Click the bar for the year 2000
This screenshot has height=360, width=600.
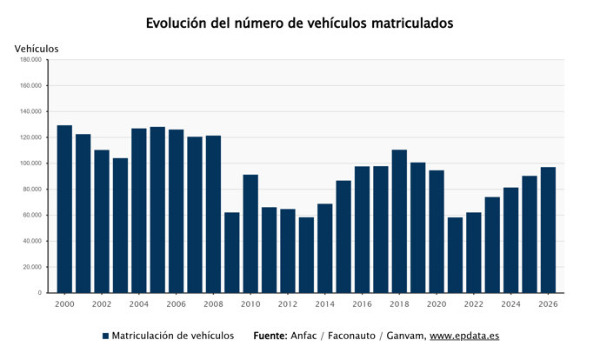(x=64, y=209)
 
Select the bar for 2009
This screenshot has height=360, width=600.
(x=232, y=252)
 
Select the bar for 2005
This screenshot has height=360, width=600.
(x=157, y=210)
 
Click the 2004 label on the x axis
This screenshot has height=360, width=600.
(x=139, y=303)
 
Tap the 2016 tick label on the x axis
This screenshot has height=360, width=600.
(x=362, y=303)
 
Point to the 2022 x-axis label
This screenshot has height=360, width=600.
(x=474, y=303)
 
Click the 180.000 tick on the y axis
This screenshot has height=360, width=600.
(x=30, y=60)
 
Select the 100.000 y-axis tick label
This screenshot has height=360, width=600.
(x=30, y=163)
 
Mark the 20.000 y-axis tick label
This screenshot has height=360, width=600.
(x=32, y=267)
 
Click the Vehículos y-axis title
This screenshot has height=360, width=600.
(x=37, y=49)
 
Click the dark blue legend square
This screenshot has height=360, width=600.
(x=105, y=336)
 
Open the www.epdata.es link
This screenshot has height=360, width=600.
(x=464, y=336)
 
